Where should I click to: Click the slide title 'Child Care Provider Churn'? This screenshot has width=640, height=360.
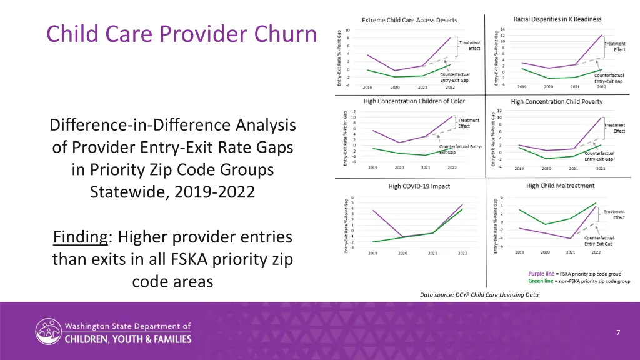pyautogui.click(x=181, y=34)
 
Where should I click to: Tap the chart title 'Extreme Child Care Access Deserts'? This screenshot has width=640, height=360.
pyautogui.click(x=409, y=21)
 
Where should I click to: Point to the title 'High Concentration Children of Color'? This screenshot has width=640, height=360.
pyautogui.click(x=414, y=101)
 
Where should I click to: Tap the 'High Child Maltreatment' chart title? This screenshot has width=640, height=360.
pyautogui.click(x=561, y=186)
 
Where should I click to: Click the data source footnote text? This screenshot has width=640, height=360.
pyautogui.click(x=479, y=294)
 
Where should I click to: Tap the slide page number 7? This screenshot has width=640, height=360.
pyautogui.click(x=617, y=332)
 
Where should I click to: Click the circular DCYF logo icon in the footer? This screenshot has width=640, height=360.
pyautogui.click(x=47, y=332)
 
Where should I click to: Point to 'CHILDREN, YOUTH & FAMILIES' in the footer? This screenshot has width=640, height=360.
pyautogui.click(x=128, y=339)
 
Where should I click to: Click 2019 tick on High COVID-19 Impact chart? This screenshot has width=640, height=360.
pyautogui.click(x=372, y=253)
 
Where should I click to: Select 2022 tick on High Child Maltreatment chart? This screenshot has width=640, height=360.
pyautogui.click(x=596, y=252)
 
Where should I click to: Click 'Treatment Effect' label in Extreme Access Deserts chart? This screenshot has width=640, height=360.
pyautogui.click(x=469, y=46)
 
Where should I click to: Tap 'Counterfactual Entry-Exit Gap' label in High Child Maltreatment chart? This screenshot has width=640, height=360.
pyautogui.click(x=599, y=241)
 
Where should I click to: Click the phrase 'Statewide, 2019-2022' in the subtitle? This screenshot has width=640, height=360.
pyautogui.click(x=172, y=191)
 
